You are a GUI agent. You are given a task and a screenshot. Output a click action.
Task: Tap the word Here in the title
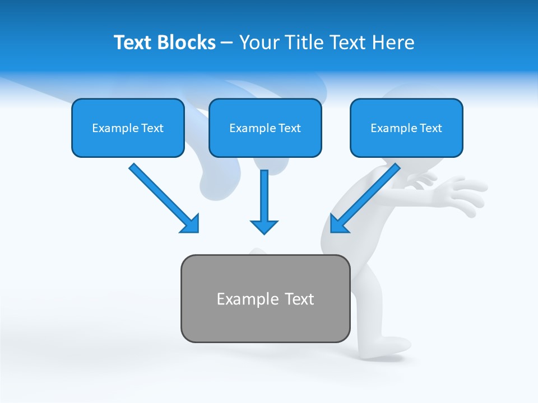(x=394, y=43)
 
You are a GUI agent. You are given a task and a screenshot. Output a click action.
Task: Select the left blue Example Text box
(x=128, y=128)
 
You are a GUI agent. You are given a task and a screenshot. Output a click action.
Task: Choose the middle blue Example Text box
(x=265, y=128)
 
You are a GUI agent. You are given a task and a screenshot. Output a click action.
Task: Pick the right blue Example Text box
(x=406, y=128)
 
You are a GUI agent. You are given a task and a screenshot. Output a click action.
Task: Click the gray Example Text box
(x=265, y=298)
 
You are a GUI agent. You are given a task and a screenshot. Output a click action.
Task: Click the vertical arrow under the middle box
(x=264, y=196)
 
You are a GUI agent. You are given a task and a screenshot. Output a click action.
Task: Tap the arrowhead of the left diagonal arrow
(x=191, y=224)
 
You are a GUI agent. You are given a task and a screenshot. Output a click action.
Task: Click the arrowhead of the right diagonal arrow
(x=338, y=224)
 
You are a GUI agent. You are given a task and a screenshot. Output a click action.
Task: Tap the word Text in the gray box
(x=300, y=299)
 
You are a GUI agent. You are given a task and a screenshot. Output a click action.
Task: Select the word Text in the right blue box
(x=431, y=128)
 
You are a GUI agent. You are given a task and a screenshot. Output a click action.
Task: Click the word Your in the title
(x=258, y=43)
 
